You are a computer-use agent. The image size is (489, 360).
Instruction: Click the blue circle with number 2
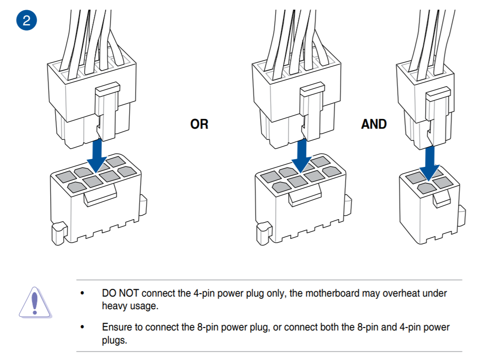(x=26, y=21)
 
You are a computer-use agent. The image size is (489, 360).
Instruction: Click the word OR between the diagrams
(x=199, y=124)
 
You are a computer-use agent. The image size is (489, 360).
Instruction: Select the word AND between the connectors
(x=374, y=124)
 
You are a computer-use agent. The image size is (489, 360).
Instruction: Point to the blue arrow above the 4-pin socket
(x=429, y=162)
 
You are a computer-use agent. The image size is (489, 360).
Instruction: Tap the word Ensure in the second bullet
(x=116, y=327)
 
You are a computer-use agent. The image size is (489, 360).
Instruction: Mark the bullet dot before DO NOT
(x=82, y=294)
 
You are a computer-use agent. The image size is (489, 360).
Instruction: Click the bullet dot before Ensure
(x=82, y=328)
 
